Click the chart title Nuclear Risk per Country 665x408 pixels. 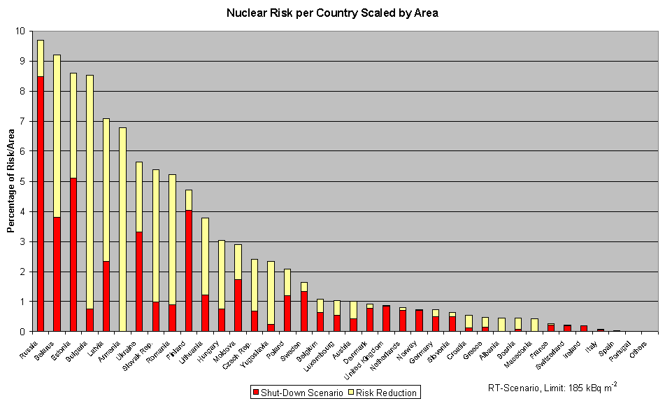tap(332, 13)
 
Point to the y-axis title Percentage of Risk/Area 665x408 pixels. tap(11, 181)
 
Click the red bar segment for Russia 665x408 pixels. tap(41, 203)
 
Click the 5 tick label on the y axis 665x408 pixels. tap(22, 181)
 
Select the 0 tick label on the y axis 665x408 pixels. tap(22, 332)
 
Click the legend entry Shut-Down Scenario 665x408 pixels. tap(297, 393)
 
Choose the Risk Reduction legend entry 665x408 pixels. tap(383, 393)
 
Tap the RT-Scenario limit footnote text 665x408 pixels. tap(552, 386)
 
